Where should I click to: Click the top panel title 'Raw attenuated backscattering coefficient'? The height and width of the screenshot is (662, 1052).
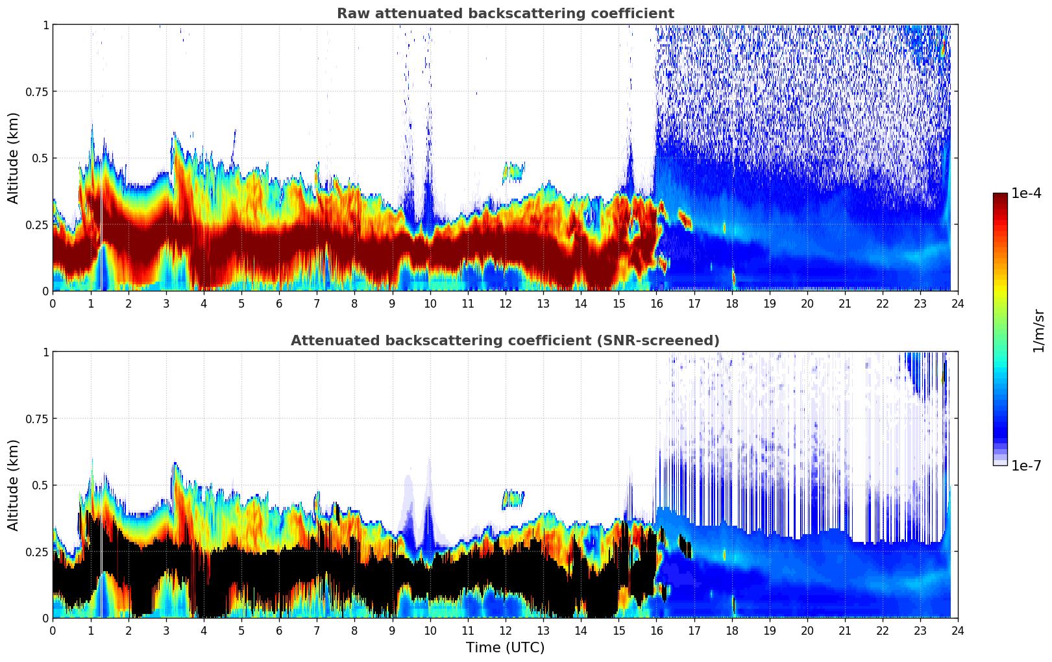[505, 14]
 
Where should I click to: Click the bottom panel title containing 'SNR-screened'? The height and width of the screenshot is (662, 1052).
[505, 341]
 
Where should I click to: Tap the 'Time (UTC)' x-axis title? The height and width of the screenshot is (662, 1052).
[505, 648]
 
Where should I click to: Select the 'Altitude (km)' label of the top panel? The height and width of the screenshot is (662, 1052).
[14, 158]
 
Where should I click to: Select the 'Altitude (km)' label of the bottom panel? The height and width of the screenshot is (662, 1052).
[14, 485]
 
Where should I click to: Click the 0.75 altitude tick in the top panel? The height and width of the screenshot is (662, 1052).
[37, 92]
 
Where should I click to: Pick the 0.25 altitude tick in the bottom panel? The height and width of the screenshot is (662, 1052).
[37, 552]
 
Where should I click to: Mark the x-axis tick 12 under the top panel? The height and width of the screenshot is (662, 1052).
[505, 303]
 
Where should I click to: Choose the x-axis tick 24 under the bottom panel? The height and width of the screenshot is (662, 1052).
[958, 630]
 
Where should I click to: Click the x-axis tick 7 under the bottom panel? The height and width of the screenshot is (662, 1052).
[317, 630]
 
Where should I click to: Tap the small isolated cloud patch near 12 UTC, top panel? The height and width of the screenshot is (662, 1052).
[513, 172]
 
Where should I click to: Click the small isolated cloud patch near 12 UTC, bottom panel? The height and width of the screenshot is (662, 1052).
[513, 499]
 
